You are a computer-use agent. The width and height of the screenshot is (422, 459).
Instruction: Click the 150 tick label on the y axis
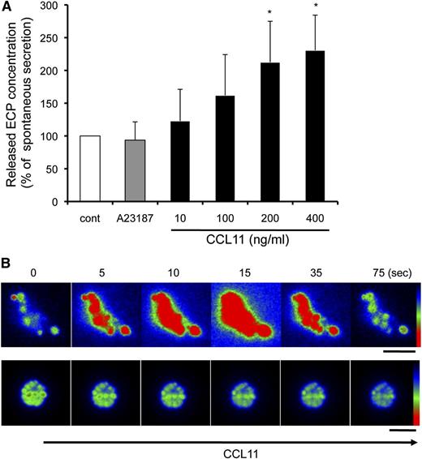click(46, 103)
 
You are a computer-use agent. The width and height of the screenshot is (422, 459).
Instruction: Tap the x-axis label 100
click(235, 215)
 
